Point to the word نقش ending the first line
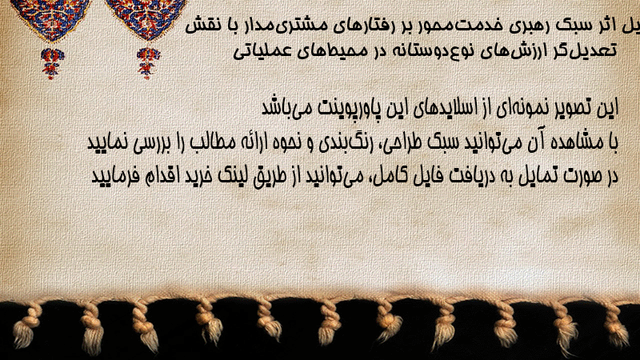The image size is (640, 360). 204,26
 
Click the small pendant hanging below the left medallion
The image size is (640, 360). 52,63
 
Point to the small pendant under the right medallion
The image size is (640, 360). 148,62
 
